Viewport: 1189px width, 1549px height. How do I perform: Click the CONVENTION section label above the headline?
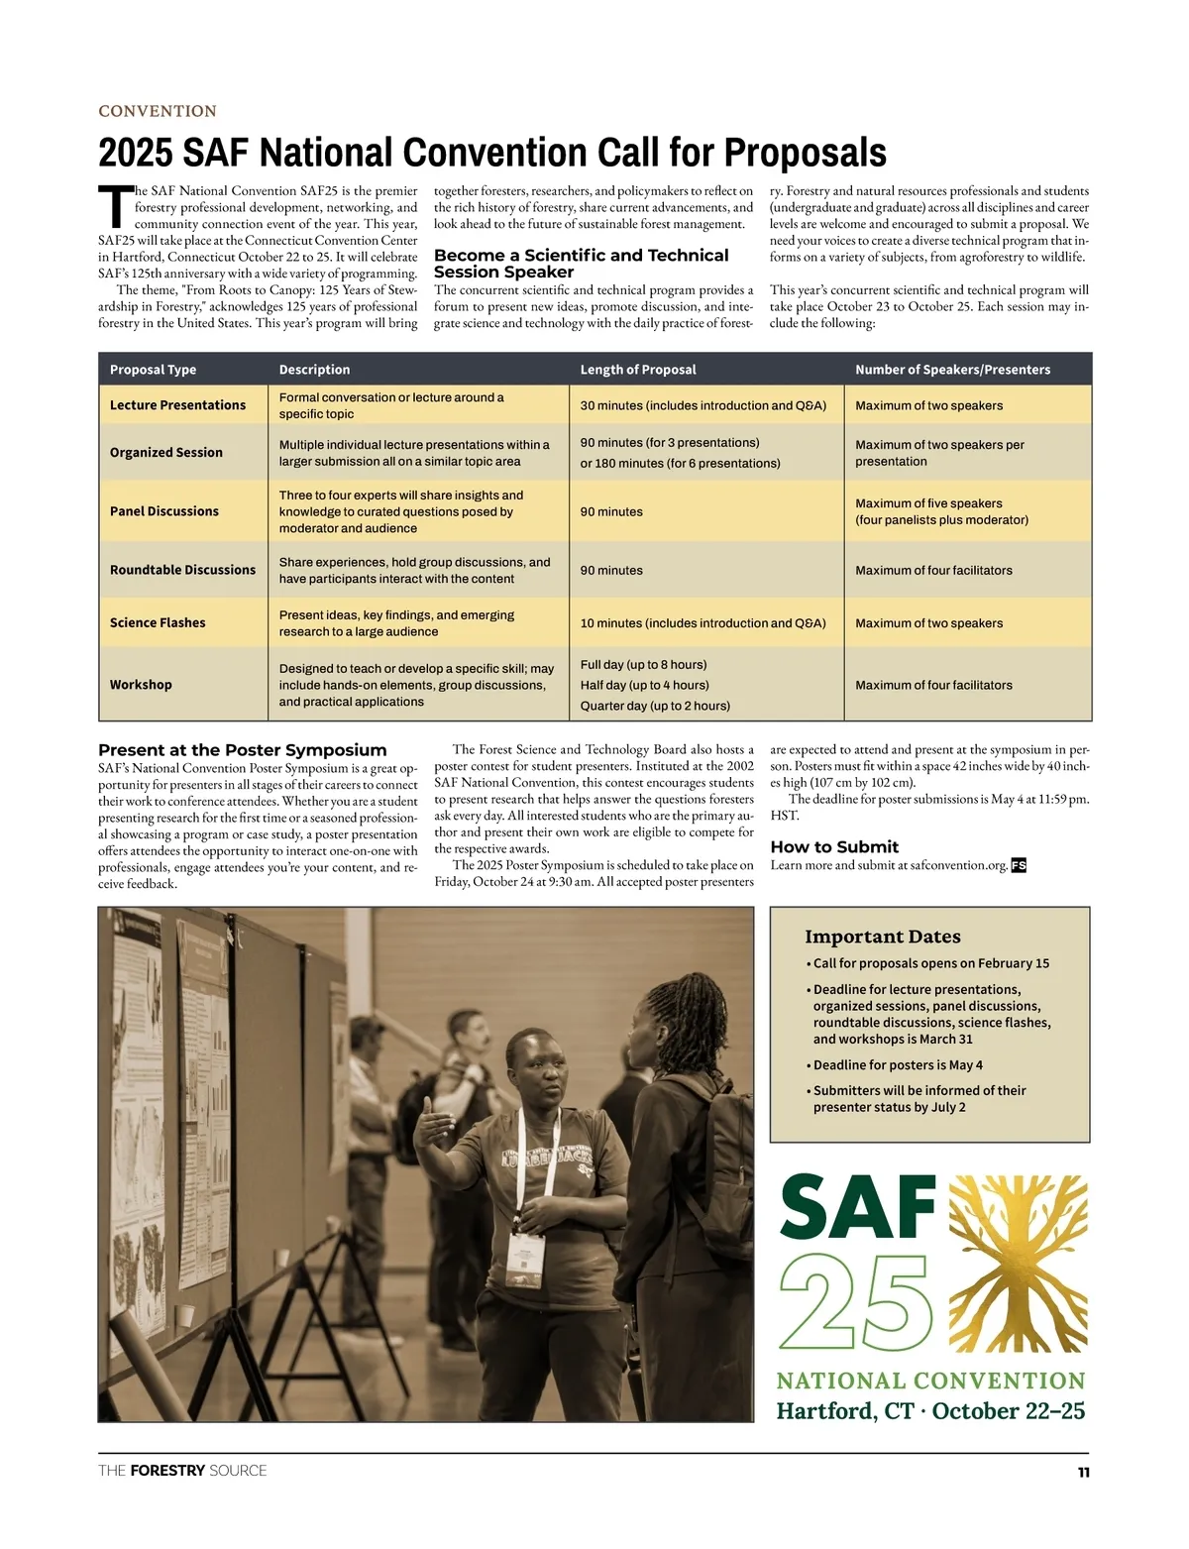coord(158,111)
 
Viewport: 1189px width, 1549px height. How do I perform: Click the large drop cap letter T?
coord(115,205)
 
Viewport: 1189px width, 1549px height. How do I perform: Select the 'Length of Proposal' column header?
coord(638,370)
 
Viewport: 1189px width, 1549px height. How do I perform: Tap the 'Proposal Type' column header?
coord(153,370)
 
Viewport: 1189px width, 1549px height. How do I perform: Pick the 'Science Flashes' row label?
coord(158,622)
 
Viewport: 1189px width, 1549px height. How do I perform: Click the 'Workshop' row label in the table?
coord(141,685)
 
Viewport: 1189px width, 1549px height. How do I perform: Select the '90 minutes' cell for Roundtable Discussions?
coord(611,571)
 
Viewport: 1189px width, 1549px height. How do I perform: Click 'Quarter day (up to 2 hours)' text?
coord(655,706)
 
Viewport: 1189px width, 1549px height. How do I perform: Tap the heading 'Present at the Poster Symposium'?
coord(242,750)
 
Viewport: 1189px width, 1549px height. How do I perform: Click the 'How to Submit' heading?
coord(834,846)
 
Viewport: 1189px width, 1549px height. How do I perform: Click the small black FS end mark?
coord(1019,865)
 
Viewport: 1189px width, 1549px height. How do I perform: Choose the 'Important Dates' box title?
coord(882,937)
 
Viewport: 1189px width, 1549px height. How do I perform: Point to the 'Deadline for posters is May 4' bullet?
coord(897,1064)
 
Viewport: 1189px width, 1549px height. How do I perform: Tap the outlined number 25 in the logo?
coord(856,1301)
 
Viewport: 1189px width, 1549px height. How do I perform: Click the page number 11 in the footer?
coord(1083,1473)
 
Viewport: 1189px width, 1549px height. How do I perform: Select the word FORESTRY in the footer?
coord(167,1471)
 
